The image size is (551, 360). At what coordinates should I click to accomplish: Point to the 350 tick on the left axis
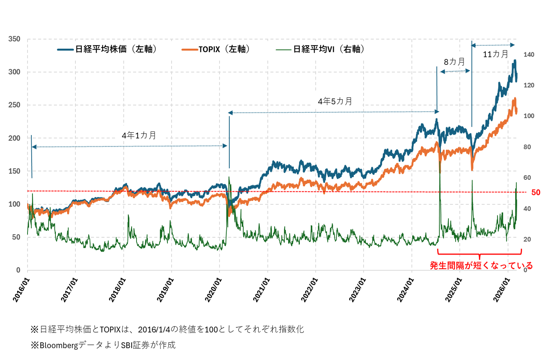tap(14, 39)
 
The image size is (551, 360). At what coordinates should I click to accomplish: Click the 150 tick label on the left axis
tap(14, 171)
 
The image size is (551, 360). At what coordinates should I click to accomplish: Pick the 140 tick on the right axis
tap(529, 55)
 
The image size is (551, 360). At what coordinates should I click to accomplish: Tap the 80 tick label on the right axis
tap(527, 147)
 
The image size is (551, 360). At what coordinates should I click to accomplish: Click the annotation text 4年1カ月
tap(139, 135)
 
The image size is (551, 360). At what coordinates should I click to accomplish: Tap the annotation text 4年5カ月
tap(335, 101)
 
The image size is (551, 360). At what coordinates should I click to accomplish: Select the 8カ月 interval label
tap(454, 62)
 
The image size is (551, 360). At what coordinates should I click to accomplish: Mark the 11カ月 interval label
tap(496, 54)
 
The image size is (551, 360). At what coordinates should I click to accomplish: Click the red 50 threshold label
tap(536, 193)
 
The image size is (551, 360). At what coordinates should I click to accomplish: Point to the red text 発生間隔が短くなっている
tap(481, 265)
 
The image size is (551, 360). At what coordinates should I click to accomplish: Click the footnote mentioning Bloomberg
tap(103, 345)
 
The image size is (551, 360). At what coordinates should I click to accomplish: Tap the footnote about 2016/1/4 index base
tap(167, 329)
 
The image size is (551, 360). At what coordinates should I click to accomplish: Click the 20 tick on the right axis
tap(527, 239)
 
